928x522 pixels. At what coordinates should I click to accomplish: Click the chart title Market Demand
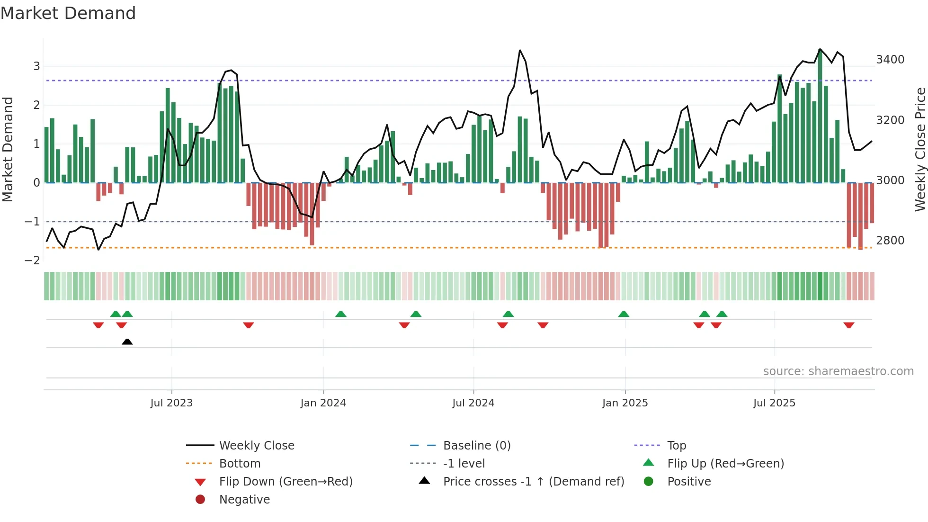click(x=68, y=13)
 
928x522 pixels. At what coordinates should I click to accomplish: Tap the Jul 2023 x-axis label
click(x=171, y=403)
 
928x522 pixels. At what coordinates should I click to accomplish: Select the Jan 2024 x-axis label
click(x=323, y=403)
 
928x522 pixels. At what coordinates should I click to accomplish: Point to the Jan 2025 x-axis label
click(x=625, y=403)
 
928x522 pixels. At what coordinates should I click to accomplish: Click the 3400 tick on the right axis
click(x=890, y=60)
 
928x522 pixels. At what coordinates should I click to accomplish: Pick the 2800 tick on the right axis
click(x=890, y=241)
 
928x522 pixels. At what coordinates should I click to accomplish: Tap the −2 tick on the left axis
click(x=32, y=260)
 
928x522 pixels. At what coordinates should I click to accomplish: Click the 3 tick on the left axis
click(x=36, y=66)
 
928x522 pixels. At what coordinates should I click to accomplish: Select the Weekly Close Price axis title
click(x=920, y=149)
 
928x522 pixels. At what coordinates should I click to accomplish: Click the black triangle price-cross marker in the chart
click(x=127, y=342)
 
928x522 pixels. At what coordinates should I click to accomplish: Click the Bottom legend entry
click(x=240, y=464)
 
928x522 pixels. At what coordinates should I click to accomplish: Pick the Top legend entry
click(x=677, y=446)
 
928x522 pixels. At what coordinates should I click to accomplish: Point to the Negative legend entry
click(x=244, y=500)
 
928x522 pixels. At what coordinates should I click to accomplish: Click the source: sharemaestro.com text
click(x=838, y=371)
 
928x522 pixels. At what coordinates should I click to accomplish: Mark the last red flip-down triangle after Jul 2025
click(x=848, y=325)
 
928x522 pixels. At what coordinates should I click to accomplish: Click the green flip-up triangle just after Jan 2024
click(x=341, y=314)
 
